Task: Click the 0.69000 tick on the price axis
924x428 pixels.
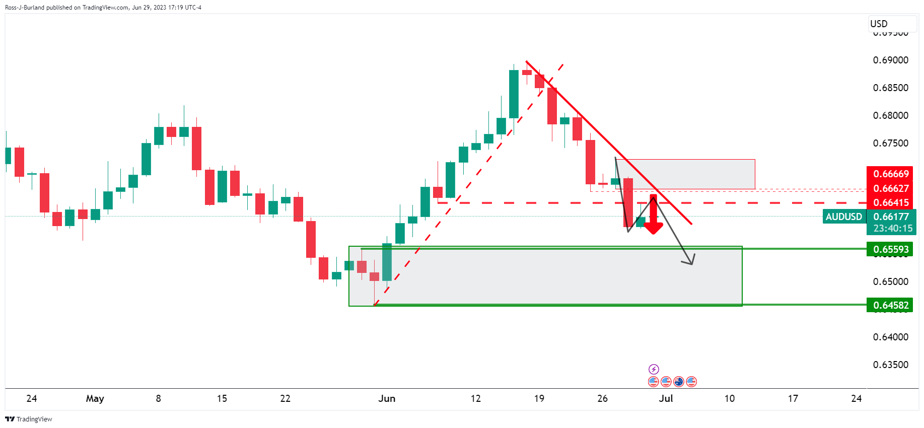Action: (890, 60)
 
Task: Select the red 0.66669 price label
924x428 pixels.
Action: (891, 174)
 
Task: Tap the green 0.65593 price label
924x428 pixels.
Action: (891, 249)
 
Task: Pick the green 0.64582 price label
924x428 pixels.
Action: (891, 305)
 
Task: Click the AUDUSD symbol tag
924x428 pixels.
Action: (843, 217)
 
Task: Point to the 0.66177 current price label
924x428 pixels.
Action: (891, 217)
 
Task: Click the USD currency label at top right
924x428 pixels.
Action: (879, 24)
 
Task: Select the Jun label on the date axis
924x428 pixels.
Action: (387, 399)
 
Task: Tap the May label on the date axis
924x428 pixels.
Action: (95, 399)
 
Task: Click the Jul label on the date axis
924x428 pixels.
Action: (666, 399)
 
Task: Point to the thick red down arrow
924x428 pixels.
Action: (653, 217)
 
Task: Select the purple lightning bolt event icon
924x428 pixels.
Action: (654, 369)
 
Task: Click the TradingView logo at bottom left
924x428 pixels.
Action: (29, 419)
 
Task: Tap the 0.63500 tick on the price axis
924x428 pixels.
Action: (890, 365)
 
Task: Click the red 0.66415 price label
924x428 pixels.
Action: (891, 203)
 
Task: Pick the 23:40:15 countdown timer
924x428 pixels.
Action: (893, 229)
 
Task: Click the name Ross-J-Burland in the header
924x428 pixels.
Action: (25, 8)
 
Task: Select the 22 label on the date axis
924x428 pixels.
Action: (285, 399)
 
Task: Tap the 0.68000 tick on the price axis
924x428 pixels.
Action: (890, 116)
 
